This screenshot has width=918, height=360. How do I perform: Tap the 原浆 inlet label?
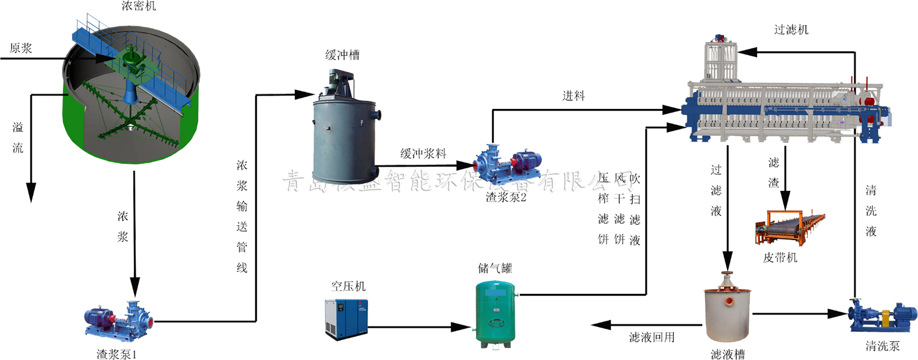pyautogui.click(x=21, y=48)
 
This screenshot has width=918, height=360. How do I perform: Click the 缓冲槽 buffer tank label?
pyautogui.click(x=342, y=55)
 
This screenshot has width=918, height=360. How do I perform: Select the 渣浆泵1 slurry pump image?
pyautogui.click(x=118, y=318)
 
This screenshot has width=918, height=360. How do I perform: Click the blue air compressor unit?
pyautogui.click(x=347, y=317)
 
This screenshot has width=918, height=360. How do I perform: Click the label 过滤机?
pyautogui.click(x=791, y=29)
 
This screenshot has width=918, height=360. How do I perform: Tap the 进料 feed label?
pyautogui.click(x=574, y=96)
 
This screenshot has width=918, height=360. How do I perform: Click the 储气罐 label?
pyautogui.click(x=495, y=268)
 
